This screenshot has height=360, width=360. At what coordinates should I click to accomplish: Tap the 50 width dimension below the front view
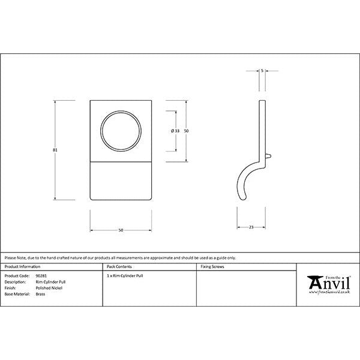point(121,230)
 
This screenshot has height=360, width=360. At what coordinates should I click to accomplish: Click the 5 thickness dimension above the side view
point(263,71)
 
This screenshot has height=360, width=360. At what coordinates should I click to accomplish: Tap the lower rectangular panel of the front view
point(121,181)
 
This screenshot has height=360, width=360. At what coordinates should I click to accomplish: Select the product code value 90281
point(41,276)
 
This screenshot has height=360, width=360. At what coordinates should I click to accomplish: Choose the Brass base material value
point(40,295)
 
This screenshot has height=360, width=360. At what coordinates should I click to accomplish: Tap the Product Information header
point(22,266)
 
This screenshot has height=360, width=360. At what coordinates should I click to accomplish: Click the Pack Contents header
point(119,266)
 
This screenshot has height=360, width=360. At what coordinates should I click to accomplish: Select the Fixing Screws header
point(212,266)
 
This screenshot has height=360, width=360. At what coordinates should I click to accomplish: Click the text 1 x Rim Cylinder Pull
point(125,276)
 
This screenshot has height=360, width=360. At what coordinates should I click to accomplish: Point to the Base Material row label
point(16,295)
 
